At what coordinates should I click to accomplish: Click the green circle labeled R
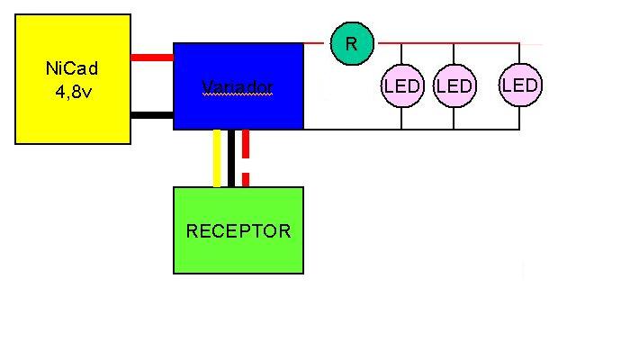(352, 44)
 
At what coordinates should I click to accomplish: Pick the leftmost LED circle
(402, 86)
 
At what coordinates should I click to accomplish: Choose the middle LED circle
(454, 86)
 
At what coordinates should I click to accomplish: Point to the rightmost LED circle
(519, 85)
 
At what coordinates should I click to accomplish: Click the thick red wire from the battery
(152, 57)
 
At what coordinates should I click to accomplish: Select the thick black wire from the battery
(152, 114)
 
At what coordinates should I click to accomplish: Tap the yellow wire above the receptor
(217, 158)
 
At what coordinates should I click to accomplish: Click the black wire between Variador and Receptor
(231, 158)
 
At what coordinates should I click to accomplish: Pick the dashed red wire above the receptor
(246, 158)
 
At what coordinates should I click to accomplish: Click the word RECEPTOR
(238, 231)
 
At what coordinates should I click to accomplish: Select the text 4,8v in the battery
(73, 89)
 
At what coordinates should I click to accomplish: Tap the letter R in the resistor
(352, 44)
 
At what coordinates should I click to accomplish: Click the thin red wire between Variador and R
(316, 43)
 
